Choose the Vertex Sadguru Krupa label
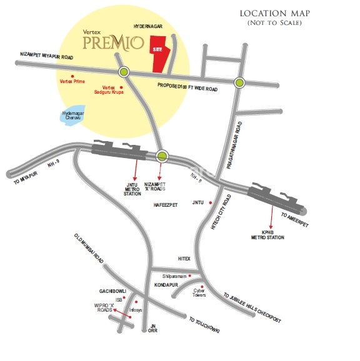click(112, 90)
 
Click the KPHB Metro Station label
click(272, 235)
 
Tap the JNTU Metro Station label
click(132, 189)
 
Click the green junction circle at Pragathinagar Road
click(239, 82)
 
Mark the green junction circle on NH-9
click(162, 156)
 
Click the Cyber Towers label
click(199, 292)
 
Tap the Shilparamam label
click(174, 275)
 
